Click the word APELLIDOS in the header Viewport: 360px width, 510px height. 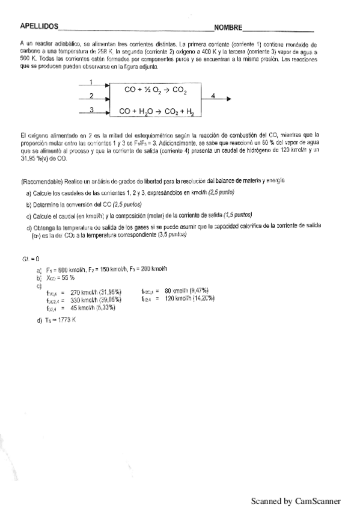pos(39,27)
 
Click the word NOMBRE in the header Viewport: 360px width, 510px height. pos(228,28)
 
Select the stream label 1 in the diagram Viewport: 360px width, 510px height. pos(90,82)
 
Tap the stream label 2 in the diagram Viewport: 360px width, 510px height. pos(90,96)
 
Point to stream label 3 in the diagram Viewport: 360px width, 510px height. pos(90,109)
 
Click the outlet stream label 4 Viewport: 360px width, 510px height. pos(213,95)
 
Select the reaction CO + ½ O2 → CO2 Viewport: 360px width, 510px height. pos(156,90)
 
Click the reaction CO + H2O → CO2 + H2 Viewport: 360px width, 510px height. pos(160,111)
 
